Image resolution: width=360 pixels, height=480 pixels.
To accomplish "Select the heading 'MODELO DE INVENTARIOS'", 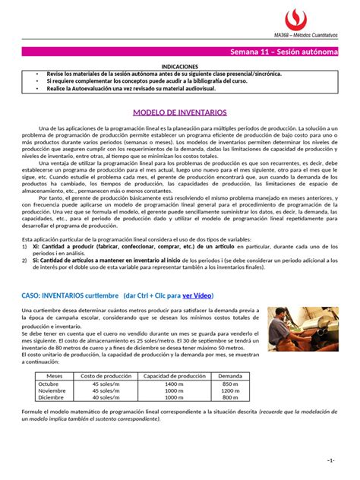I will pos(181,112).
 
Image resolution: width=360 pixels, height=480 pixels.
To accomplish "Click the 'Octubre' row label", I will pos(54,384).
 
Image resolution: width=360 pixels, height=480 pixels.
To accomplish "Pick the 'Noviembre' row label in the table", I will pos(54,391).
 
